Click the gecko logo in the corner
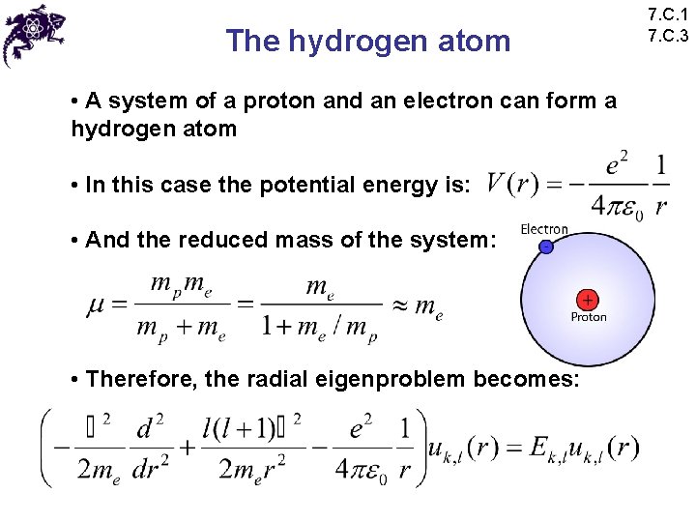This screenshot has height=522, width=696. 33,34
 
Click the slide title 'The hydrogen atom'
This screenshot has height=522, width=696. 367,41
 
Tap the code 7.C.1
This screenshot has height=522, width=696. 669,15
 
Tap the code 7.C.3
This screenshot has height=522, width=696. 669,37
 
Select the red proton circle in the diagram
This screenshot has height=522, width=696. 587,299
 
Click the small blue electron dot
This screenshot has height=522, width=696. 546,247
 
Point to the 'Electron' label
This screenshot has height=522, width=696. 544,229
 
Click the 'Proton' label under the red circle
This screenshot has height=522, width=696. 589,317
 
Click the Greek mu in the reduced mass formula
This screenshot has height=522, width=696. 98,307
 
